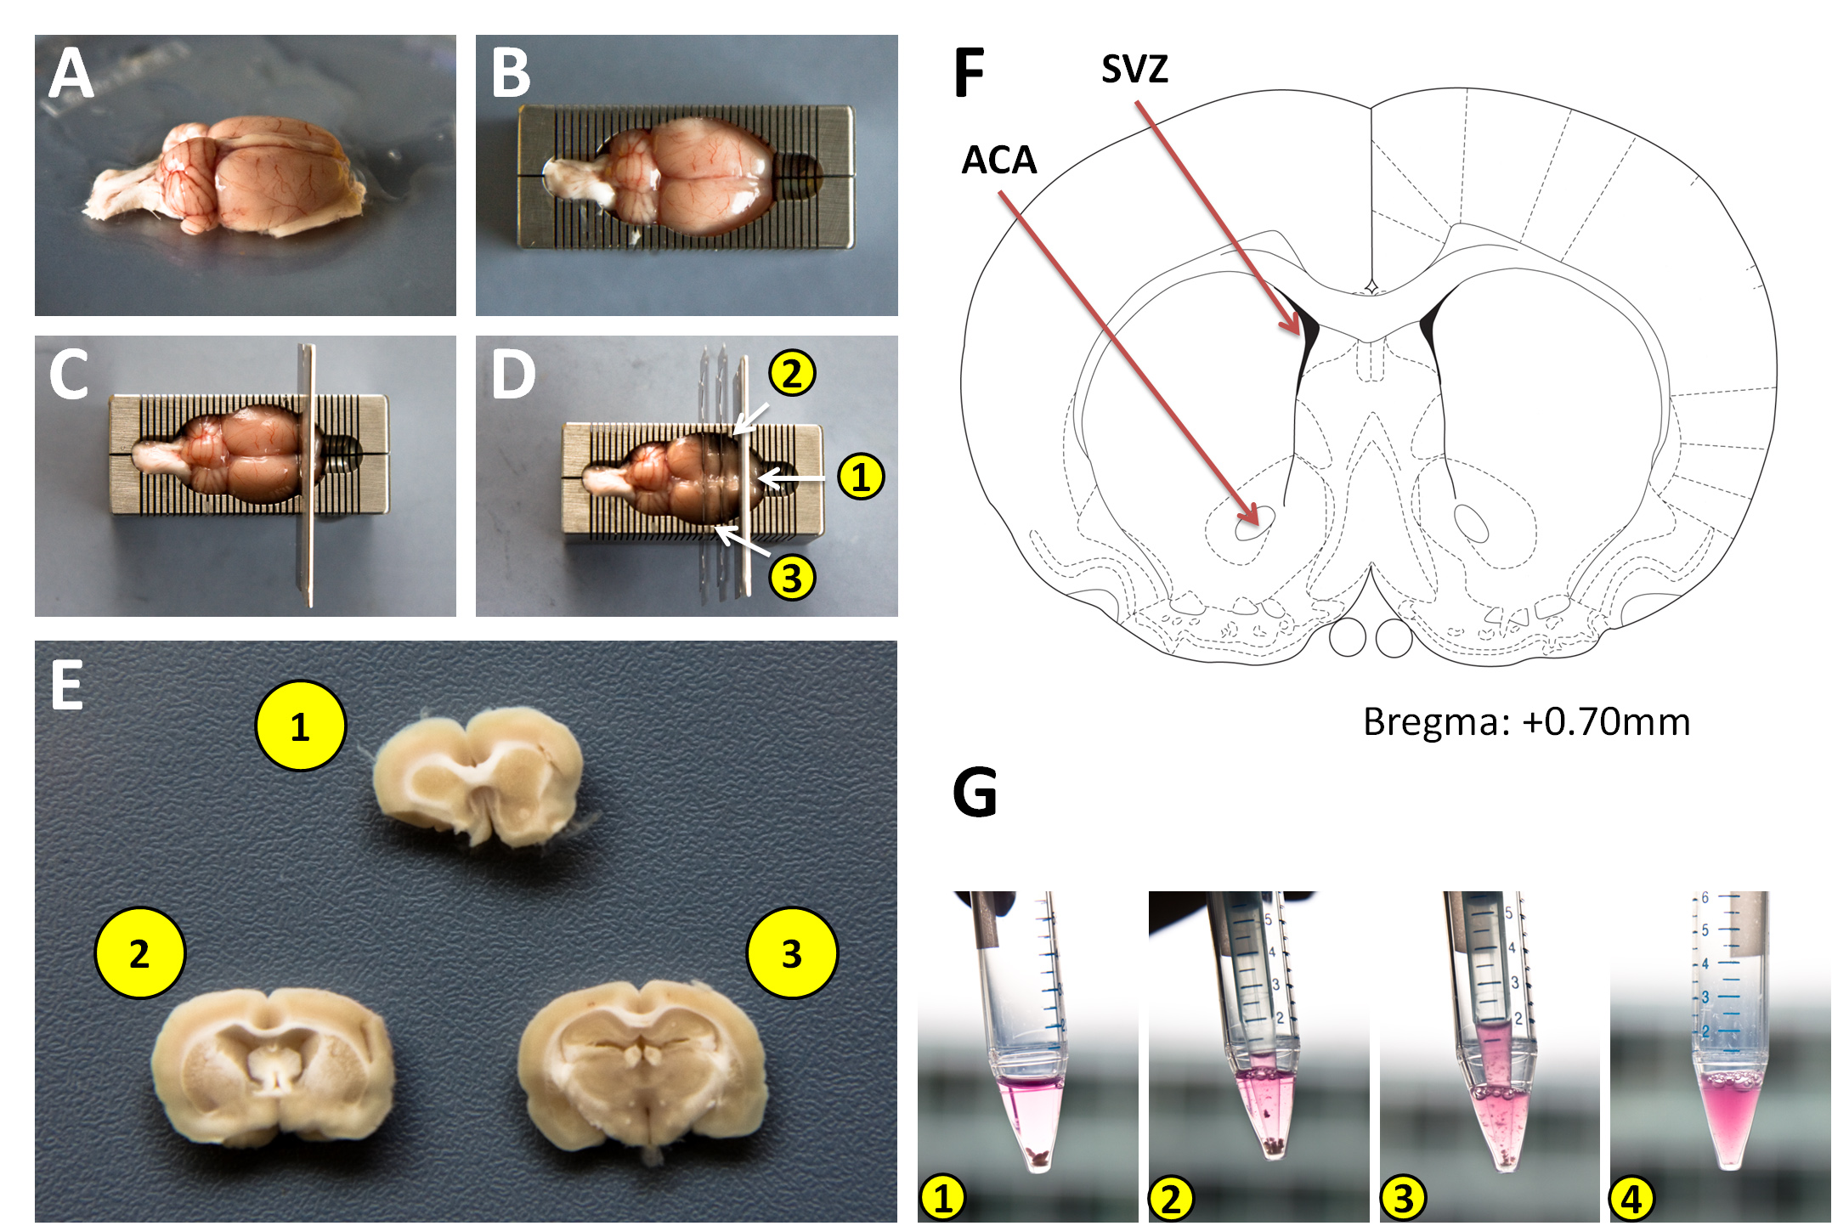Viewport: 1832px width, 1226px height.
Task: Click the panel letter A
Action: coord(71,74)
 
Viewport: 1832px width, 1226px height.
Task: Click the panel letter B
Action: coord(511,74)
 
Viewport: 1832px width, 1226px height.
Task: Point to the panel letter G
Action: coord(975,792)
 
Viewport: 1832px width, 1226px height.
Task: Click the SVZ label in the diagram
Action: coord(1134,69)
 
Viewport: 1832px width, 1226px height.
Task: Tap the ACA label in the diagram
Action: coord(999,161)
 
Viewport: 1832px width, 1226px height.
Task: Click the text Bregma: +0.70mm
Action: coord(1526,722)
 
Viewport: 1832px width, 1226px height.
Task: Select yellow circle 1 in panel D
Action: coord(861,477)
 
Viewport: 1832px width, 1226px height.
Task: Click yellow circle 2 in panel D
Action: coord(792,374)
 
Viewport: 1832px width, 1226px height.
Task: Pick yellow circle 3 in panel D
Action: coord(792,578)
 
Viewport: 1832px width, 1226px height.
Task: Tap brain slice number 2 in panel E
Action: coord(273,1066)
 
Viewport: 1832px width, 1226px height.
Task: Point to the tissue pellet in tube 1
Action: coord(1037,1155)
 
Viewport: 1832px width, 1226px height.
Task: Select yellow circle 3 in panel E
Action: coord(792,953)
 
